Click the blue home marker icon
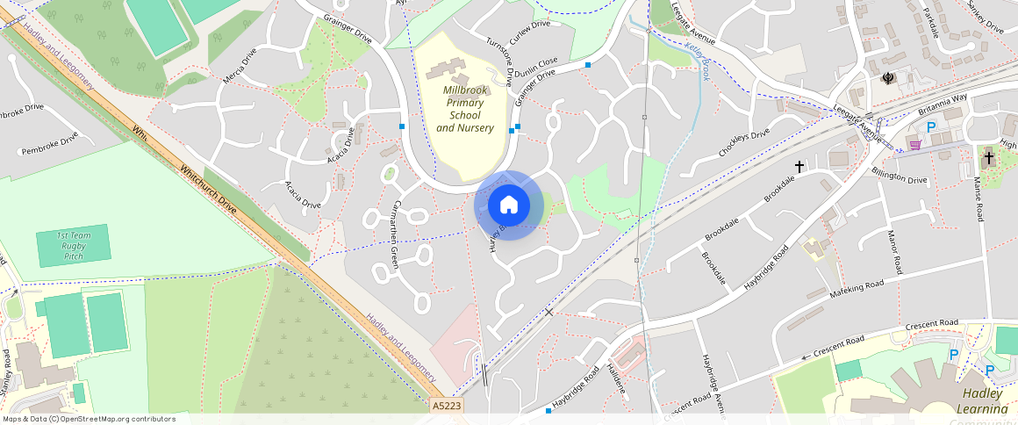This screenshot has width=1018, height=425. (x=509, y=205)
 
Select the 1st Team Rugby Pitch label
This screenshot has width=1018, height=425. (x=74, y=246)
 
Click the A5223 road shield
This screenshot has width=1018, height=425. (x=447, y=407)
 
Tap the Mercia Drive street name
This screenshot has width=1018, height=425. (x=240, y=66)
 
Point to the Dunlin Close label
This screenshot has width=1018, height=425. (x=535, y=68)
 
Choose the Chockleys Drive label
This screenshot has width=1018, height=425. (x=743, y=142)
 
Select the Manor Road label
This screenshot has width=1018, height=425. (x=894, y=252)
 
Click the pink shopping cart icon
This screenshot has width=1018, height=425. (x=915, y=145)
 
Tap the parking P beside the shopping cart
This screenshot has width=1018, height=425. (x=932, y=127)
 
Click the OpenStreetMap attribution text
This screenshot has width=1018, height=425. (x=88, y=419)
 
